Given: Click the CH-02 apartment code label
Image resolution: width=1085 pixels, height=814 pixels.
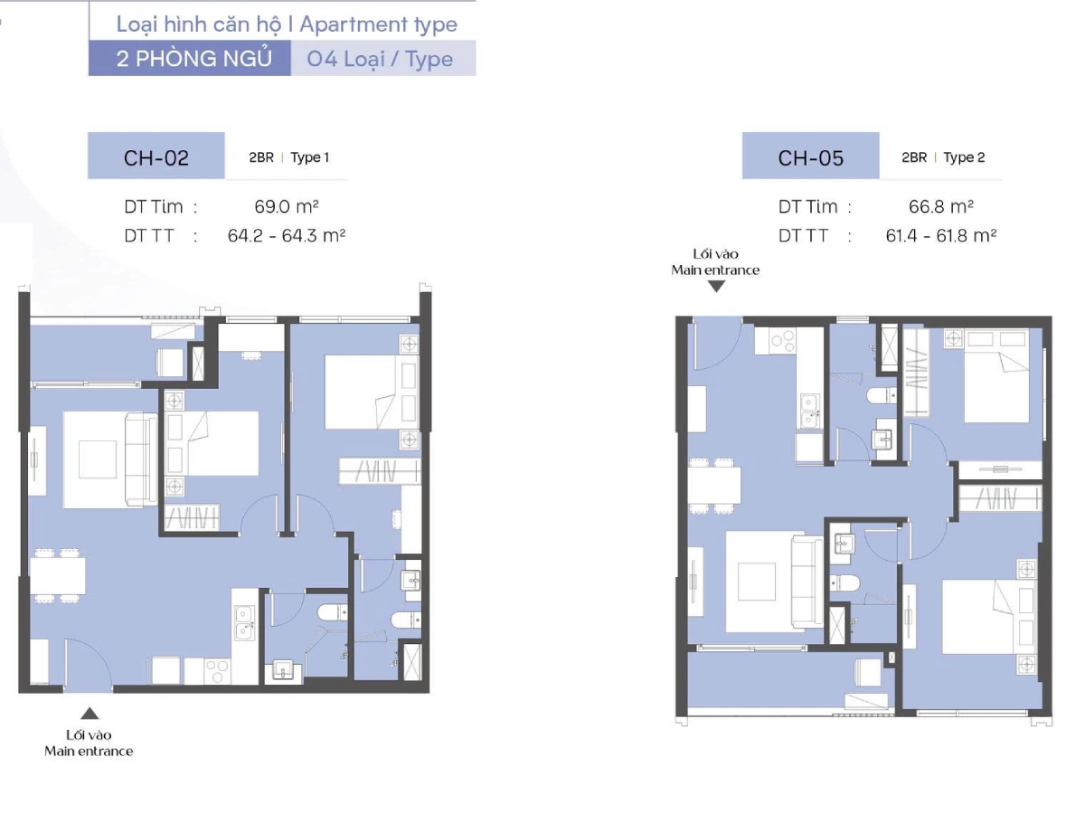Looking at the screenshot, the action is (x=156, y=158).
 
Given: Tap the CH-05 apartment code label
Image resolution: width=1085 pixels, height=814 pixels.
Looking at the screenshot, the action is (x=811, y=158).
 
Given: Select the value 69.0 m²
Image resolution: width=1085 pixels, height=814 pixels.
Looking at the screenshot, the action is (x=287, y=206).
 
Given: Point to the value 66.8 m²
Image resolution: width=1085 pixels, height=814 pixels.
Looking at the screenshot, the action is (x=940, y=206).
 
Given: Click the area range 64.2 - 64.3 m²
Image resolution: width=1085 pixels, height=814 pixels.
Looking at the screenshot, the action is (x=287, y=235).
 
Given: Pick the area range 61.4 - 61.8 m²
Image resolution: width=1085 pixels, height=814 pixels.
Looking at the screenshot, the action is (x=940, y=235).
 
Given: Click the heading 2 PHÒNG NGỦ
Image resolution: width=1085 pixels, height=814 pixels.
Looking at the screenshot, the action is (x=193, y=58).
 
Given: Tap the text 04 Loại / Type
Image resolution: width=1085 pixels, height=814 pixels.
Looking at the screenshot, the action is (x=380, y=59).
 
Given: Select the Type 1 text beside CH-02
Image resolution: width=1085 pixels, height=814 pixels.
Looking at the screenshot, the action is (x=309, y=157).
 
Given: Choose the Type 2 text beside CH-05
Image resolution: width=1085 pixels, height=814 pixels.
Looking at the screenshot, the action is (x=964, y=157).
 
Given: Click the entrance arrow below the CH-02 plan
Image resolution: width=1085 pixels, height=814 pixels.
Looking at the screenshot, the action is (x=90, y=713).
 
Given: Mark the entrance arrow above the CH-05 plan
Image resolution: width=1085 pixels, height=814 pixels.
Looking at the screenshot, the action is (x=716, y=286).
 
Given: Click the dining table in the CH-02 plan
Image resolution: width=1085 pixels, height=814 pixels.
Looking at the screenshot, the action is (x=57, y=576).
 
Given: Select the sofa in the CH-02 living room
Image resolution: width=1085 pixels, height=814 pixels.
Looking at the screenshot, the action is (x=141, y=459).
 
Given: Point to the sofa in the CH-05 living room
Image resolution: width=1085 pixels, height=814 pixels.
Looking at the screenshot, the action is (x=807, y=582).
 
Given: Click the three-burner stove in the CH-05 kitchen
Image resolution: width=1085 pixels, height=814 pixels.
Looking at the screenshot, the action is (x=781, y=341).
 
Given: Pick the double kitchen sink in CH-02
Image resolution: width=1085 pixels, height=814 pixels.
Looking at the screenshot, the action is (x=244, y=623).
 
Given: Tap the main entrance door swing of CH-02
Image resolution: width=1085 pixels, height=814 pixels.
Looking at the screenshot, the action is (x=87, y=662).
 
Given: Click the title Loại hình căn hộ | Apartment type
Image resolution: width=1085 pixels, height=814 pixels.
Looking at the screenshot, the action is (x=287, y=24).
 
